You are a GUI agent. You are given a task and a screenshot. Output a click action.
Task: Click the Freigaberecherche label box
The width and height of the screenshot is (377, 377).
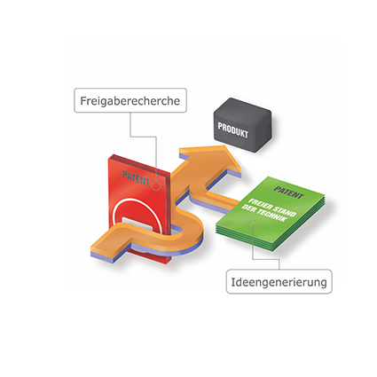[x=130, y=100]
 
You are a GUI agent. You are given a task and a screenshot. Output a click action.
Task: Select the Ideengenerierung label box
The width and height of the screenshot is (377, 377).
[x=279, y=281]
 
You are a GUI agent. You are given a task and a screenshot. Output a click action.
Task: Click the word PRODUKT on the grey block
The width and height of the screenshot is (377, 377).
[x=233, y=130]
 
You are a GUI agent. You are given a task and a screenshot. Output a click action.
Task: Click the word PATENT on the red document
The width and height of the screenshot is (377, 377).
[x=136, y=178]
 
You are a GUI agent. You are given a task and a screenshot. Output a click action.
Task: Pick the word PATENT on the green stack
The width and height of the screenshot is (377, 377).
[x=288, y=192]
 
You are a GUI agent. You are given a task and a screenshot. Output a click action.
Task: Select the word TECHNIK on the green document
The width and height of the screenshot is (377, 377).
[x=272, y=215]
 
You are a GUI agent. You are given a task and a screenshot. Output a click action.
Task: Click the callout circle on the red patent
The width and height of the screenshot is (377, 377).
[x=156, y=186]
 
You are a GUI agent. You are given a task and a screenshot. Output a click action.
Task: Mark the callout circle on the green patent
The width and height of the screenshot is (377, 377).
[x=253, y=224]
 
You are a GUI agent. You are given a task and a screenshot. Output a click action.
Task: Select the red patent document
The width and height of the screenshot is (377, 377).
[x=139, y=210]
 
